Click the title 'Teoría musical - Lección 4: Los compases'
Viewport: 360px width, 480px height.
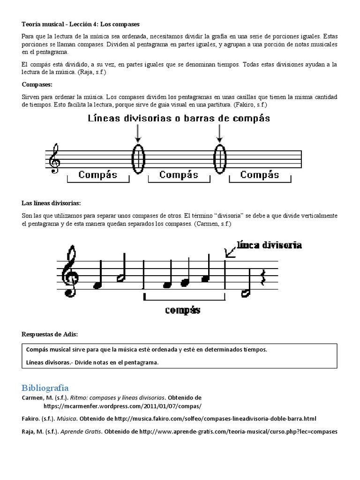[81, 23]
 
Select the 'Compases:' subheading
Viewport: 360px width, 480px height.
[37, 84]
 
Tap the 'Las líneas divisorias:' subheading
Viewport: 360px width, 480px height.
[52, 203]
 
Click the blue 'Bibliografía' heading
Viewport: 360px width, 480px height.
[45, 388]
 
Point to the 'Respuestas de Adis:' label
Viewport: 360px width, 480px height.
[50, 334]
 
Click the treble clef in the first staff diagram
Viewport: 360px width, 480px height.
[54, 159]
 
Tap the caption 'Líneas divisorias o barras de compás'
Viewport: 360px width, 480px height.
[179, 119]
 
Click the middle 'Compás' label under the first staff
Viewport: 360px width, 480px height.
[179, 175]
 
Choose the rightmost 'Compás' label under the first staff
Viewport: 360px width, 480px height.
[260, 175]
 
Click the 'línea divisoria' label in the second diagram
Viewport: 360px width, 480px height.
[270, 245]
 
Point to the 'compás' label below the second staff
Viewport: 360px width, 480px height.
[182, 310]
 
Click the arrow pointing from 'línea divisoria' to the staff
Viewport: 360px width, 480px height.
[230, 252]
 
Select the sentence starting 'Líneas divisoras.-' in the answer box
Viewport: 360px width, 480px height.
[93, 362]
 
